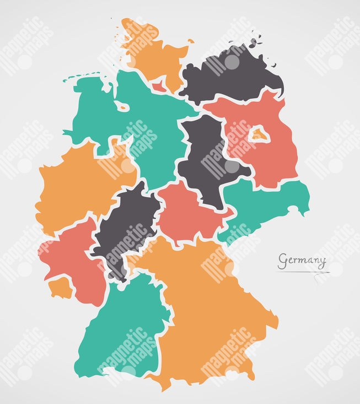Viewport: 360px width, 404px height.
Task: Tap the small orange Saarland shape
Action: [60, 287]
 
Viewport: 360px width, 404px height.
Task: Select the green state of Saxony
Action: [265, 204]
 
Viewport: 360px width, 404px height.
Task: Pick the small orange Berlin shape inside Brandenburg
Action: [257, 134]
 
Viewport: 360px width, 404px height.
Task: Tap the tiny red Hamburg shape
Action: [158, 85]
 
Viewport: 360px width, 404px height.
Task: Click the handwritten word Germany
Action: [302, 260]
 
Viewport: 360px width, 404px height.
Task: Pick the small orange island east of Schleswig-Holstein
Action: [190, 41]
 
